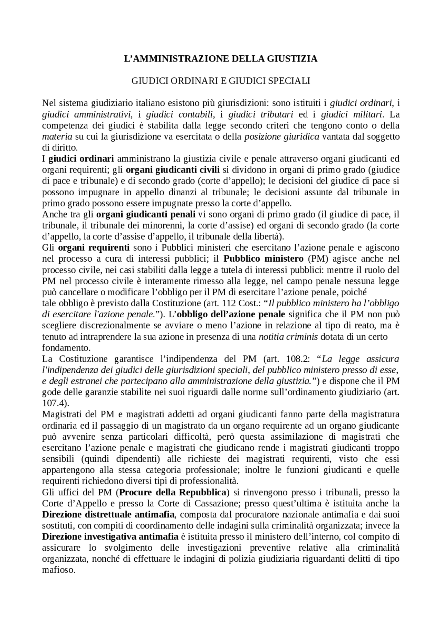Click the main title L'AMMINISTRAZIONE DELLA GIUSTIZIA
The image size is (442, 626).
pos(221,59)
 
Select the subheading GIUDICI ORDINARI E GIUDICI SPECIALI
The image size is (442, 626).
pos(221,81)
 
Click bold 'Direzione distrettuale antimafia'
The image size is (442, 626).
pos(108,514)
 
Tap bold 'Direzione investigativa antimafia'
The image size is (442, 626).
pos(110,536)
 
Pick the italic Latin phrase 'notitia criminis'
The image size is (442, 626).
pos(288,336)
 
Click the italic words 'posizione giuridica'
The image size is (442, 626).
pos(281,137)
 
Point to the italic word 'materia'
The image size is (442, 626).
pos(57,137)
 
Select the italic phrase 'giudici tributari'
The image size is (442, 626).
pos(261,114)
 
